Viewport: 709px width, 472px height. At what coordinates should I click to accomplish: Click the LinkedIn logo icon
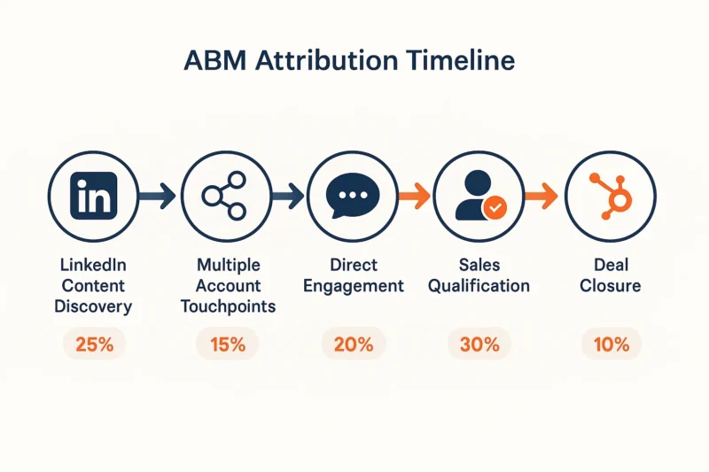tap(94, 196)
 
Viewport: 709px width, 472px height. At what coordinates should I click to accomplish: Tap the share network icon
tap(224, 196)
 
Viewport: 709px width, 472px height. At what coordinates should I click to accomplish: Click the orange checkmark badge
tap(495, 207)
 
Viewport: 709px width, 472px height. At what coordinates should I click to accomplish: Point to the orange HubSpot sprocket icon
tap(611, 196)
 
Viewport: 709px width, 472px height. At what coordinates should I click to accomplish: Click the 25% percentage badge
tap(94, 344)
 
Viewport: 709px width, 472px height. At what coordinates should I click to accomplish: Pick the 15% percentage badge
tap(228, 344)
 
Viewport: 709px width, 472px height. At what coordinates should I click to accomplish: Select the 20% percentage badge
tap(354, 344)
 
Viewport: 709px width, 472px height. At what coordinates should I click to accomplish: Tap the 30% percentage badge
tap(479, 344)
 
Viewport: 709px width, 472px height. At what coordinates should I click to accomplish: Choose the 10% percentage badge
tap(612, 344)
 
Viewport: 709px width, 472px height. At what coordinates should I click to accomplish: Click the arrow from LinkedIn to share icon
tap(157, 196)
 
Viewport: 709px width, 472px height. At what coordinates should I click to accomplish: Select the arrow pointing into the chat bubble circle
tap(287, 196)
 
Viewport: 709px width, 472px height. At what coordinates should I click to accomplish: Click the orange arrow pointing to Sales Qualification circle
tap(414, 196)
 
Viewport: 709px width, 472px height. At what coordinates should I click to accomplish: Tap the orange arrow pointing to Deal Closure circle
tap(541, 196)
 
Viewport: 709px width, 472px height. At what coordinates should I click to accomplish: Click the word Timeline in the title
tap(460, 60)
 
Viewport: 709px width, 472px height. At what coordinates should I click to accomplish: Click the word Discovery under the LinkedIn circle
tap(94, 306)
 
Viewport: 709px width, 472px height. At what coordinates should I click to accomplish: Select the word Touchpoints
tap(228, 306)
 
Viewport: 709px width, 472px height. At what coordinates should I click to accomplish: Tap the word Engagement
tap(354, 286)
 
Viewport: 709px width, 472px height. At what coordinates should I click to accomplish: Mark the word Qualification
tap(479, 286)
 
